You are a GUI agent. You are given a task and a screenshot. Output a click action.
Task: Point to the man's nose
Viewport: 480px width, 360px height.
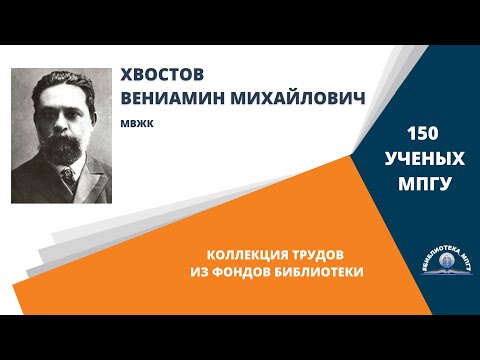point(59,124)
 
